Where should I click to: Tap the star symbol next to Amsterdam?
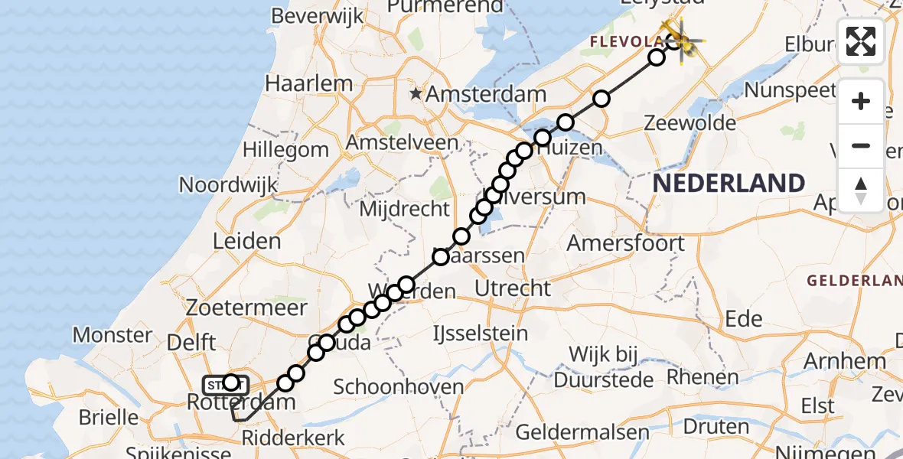tap(416, 94)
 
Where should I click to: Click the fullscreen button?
tap(861, 41)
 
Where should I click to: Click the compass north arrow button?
tap(861, 190)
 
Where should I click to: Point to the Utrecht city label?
tap(513, 288)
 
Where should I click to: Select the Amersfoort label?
tap(626, 243)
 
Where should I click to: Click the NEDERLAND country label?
tap(728, 184)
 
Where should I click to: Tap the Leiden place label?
tap(247, 242)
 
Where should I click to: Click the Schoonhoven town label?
tap(399, 386)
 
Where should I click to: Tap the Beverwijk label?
tap(317, 16)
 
